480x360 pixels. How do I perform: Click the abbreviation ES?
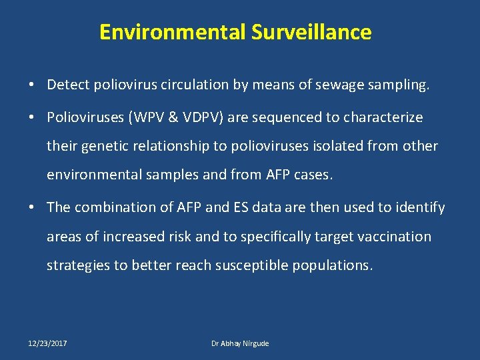point(239,207)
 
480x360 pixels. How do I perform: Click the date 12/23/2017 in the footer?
point(47,343)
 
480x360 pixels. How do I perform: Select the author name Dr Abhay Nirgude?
point(240,343)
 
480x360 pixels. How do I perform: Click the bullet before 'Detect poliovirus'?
point(32,85)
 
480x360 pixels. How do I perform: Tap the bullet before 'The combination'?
point(32,208)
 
